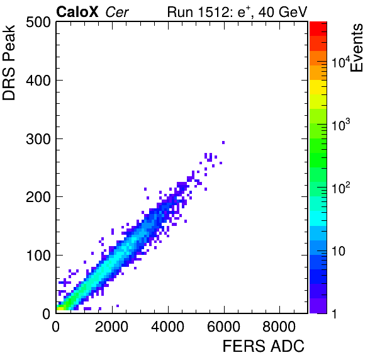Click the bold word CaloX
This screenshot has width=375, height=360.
point(77,12)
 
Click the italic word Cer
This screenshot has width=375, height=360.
point(117,13)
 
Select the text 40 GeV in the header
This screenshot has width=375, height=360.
point(283,12)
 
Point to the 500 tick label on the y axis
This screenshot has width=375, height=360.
point(38,23)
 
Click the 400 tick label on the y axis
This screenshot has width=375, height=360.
point(38,81)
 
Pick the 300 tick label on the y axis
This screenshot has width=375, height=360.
point(38,139)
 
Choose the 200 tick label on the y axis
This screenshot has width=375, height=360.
point(38,198)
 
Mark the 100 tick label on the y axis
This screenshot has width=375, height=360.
point(39,256)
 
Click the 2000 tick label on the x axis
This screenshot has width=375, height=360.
point(112,327)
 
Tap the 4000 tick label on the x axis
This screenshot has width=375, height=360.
point(167,327)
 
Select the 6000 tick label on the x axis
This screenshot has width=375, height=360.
point(223,327)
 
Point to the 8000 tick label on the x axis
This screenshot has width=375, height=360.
point(279,327)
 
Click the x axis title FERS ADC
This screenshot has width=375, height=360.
point(264,346)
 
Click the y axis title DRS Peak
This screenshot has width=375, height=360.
point(9,63)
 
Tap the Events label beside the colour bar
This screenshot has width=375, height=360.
point(357,48)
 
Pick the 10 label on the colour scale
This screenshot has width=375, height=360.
point(339,251)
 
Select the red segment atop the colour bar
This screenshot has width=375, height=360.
point(318,29)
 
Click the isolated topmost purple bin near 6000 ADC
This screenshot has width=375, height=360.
point(223,143)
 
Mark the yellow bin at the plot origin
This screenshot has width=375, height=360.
point(60,309)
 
